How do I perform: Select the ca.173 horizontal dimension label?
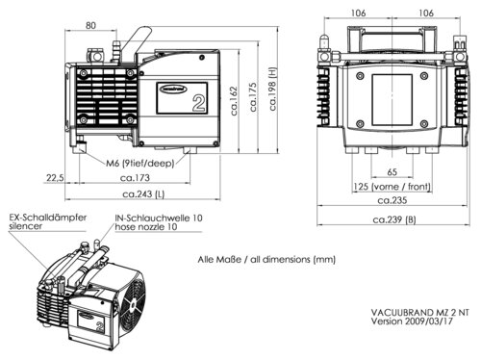click(140, 179)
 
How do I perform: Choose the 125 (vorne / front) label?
click(386, 185)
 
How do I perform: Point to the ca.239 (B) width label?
click(394, 219)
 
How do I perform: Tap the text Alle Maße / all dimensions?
click(266, 259)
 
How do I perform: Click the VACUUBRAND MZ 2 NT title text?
click(420, 313)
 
